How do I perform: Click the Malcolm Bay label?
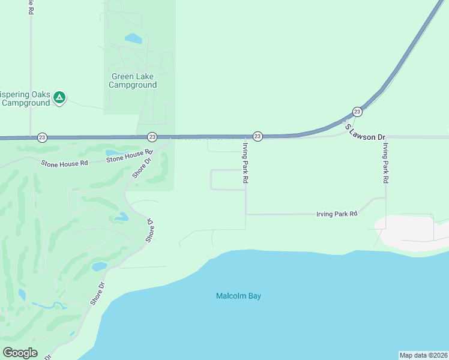[x=238, y=296]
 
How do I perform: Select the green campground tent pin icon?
[x=59, y=97]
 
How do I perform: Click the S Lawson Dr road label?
[x=364, y=133]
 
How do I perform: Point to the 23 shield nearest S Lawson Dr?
[x=357, y=112]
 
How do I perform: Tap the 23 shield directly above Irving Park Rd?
[x=257, y=137]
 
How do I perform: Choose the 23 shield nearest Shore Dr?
[x=152, y=137]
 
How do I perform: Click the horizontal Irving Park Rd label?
[x=337, y=214]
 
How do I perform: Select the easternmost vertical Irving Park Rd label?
[x=387, y=163]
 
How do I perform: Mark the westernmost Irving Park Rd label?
[x=245, y=162]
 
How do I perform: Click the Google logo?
[x=20, y=353]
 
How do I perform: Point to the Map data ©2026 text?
[x=423, y=355]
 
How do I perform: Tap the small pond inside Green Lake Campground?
[x=133, y=39]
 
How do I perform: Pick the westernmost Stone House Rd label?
[x=64, y=163]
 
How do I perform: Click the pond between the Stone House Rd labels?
[x=113, y=152]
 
